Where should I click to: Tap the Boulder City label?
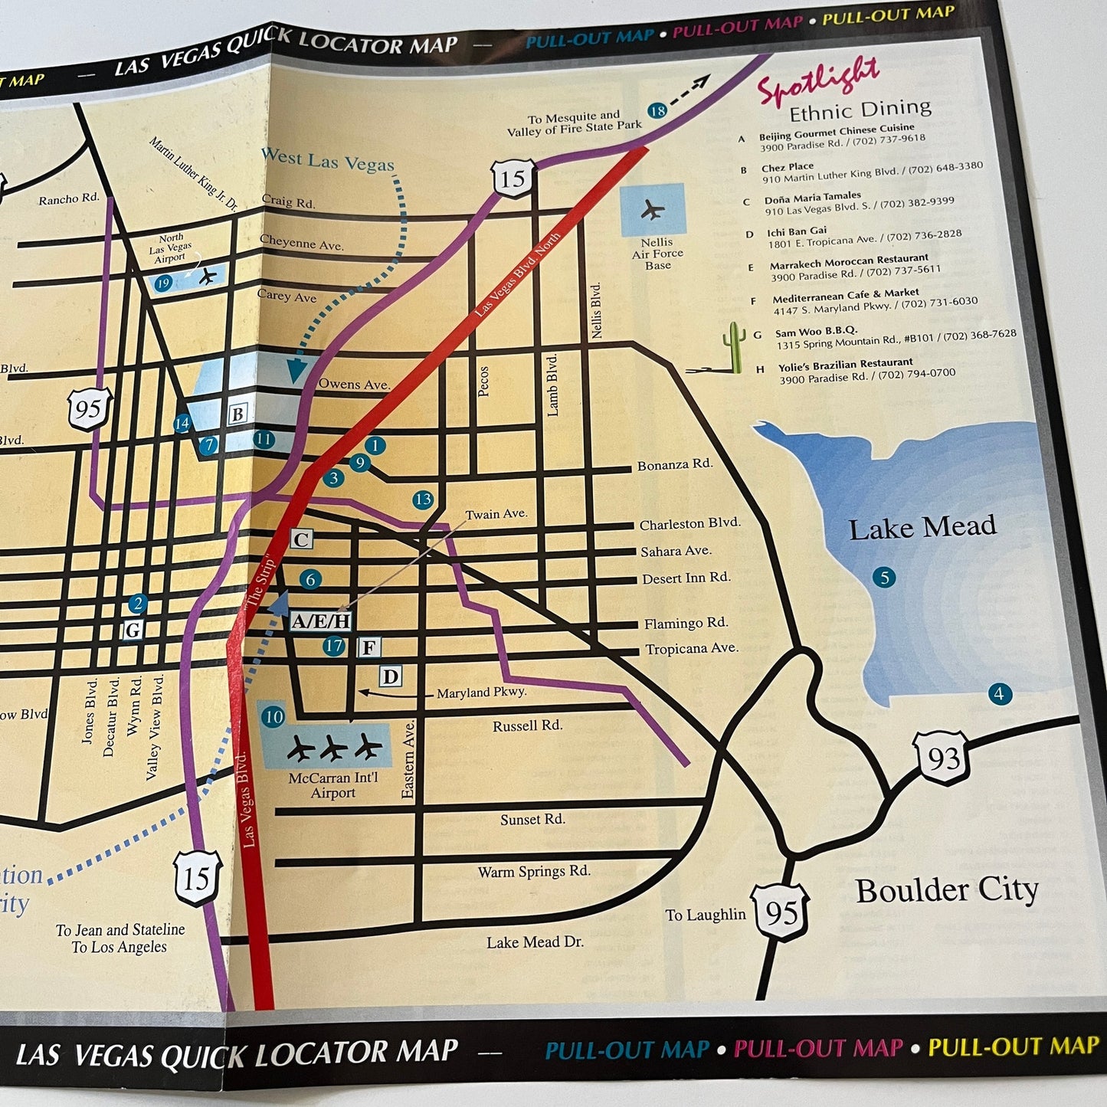(947, 891)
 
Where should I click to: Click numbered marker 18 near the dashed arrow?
(657, 111)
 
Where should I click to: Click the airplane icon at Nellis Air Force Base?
(652, 209)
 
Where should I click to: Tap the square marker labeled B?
(237, 414)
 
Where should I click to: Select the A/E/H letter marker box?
(321, 621)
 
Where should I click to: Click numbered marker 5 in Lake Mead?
(884, 578)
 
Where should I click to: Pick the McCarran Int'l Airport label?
(333, 785)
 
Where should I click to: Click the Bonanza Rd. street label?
(674, 465)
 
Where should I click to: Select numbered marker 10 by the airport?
(273, 717)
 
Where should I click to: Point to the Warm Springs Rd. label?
(534, 872)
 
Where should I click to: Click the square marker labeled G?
(133, 630)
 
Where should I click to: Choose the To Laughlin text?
(705, 915)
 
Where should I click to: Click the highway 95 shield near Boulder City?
(781, 912)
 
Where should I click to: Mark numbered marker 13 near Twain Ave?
(423, 499)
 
